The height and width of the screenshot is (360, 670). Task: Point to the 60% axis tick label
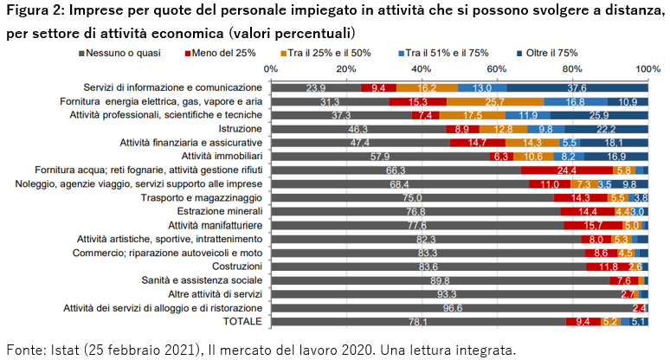point(496,68)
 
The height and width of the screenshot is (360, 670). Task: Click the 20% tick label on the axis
point(345,68)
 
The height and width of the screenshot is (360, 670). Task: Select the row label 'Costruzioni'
point(231,266)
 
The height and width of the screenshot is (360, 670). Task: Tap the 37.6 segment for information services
point(577,87)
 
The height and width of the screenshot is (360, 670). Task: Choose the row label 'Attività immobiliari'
point(215,156)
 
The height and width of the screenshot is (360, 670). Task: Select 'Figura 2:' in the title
point(35,12)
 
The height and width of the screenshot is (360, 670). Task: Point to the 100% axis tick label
point(647,68)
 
